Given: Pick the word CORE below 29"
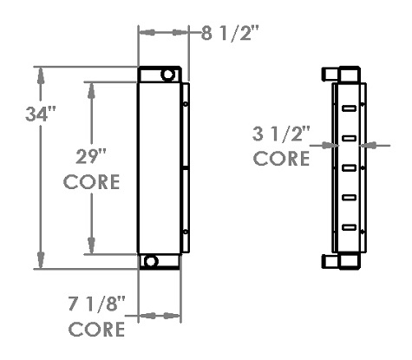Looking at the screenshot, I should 91,185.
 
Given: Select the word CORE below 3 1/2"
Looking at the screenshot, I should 281,160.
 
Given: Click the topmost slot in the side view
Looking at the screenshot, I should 349,108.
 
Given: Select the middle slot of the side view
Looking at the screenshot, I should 349,167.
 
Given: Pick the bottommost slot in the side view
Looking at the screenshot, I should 349,226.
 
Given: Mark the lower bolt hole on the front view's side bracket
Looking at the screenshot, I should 186,232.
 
